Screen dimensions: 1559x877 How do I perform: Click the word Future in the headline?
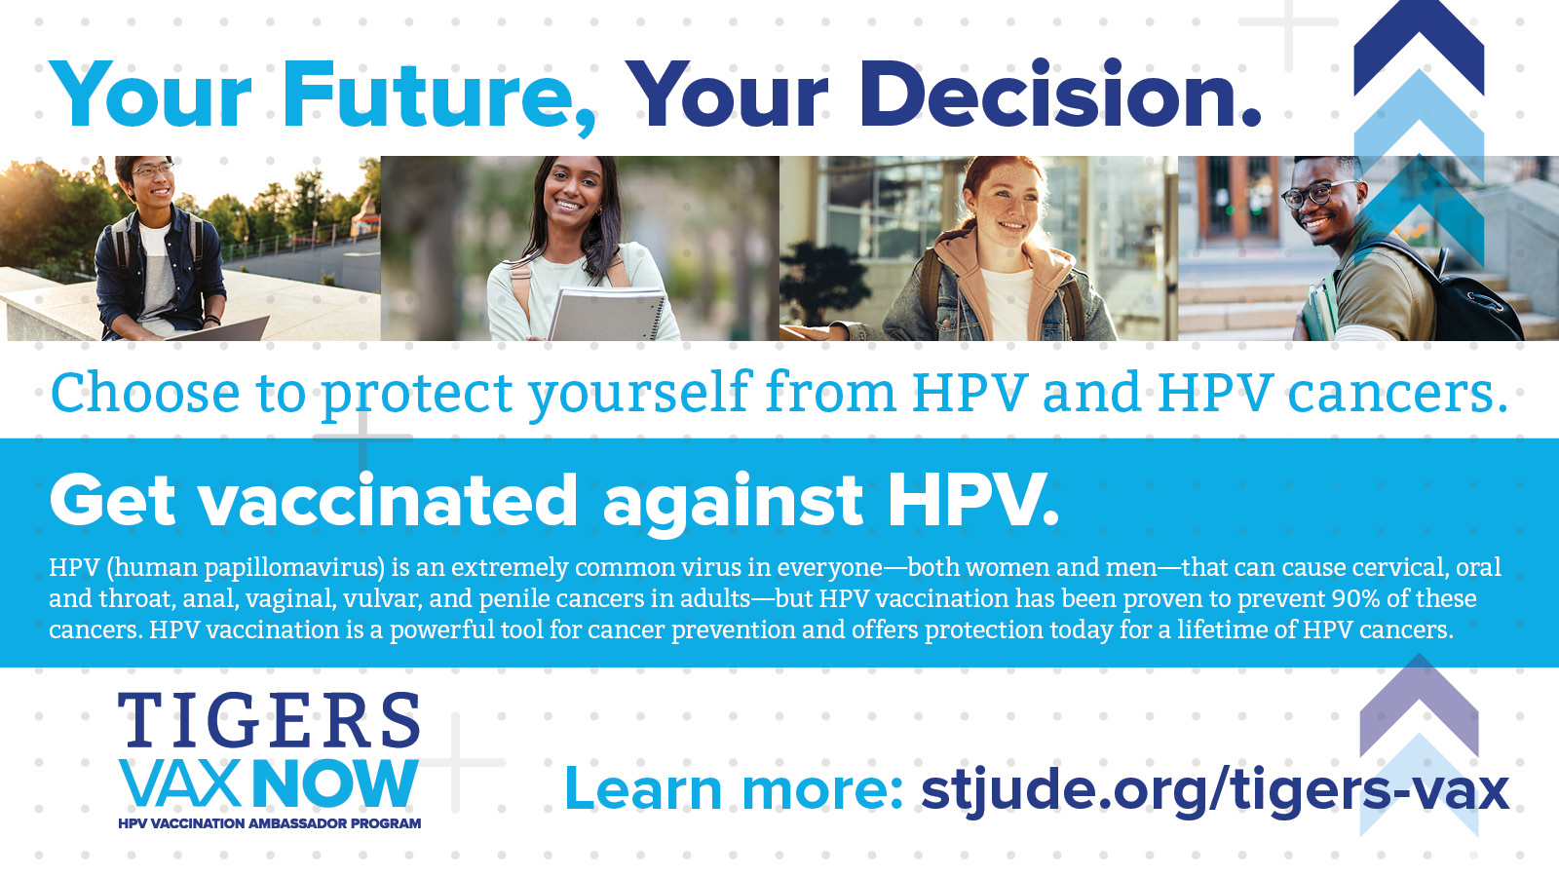(439, 95)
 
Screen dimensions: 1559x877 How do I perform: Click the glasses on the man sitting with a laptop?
(152, 170)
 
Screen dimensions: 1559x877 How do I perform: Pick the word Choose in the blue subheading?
(145, 393)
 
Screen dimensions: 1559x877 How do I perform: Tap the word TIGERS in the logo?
(269, 720)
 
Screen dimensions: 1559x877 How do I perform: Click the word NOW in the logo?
(335, 783)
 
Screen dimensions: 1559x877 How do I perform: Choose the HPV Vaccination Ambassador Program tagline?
(269, 823)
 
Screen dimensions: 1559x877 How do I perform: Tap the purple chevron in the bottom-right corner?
(1419, 705)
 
